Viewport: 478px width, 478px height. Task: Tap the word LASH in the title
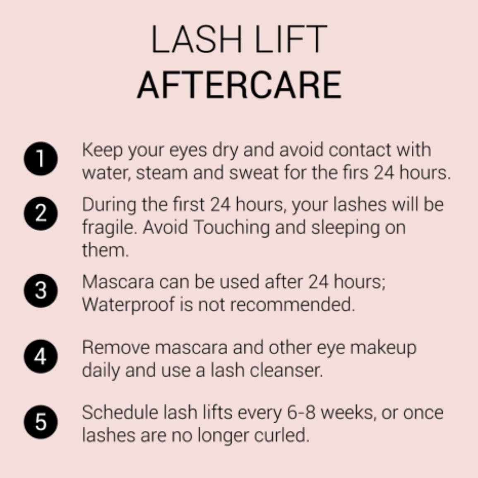coord(197,40)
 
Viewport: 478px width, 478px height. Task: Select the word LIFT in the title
coord(291,40)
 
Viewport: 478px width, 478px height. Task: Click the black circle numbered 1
coord(41,159)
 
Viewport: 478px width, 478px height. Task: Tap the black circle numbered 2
coord(41,213)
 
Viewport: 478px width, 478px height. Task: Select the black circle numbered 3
coord(41,290)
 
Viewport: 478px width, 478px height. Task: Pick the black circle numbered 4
coord(41,356)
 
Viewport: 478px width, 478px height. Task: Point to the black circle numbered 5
coord(41,422)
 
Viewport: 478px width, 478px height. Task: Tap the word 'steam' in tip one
coord(161,173)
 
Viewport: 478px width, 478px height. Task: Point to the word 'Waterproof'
coord(128,304)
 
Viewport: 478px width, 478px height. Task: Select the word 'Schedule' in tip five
coord(120,413)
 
